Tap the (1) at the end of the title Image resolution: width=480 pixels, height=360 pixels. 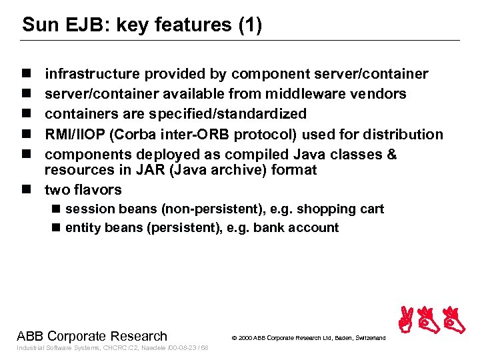pyautogui.click(x=249, y=25)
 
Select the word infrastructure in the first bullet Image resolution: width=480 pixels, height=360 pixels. pyautogui.click(x=92, y=74)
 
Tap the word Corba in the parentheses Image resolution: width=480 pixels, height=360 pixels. pyautogui.click(x=139, y=134)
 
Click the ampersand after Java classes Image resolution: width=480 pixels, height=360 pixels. pyautogui.click(x=391, y=154)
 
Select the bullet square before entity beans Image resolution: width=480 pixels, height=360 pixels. pyautogui.click(x=57, y=228)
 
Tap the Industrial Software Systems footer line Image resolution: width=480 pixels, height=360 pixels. pyautogui.click(x=112, y=348)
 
